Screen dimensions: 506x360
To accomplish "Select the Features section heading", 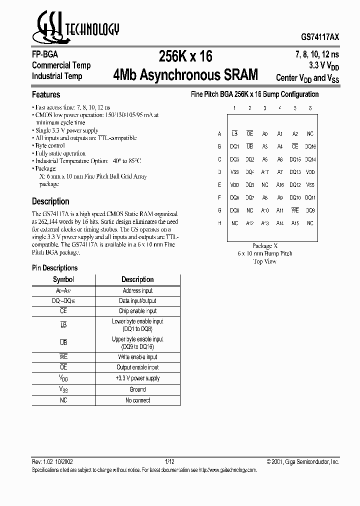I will pyautogui.click(x=46, y=94).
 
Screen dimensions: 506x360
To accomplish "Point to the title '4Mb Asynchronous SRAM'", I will pyautogui.click(x=185, y=75).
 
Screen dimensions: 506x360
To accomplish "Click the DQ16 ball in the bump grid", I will pyautogui.click(x=310, y=146).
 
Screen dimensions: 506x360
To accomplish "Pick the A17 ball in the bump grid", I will pyautogui.click(x=265, y=172).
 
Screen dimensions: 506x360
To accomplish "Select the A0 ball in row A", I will pyautogui.click(x=265, y=134).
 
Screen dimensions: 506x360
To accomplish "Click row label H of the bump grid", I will pyautogui.click(x=219, y=223).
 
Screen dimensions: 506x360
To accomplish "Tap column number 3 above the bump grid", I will pyautogui.click(x=265, y=108).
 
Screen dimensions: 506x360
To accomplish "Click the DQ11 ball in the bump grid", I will pyautogui.click(x=310, y=197).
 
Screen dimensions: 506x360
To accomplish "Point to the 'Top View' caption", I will pyautogui.click(x=264, y=261).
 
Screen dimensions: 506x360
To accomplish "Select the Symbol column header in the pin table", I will pyautogui.click(x=63, y=279).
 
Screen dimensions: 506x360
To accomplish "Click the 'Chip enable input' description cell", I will pyautogui.click(x=137, y=311).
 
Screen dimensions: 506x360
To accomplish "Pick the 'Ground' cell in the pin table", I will pyautogui.click(x=137, y=389).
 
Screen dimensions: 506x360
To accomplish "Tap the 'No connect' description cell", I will pyautogui.click(x=137, y=400).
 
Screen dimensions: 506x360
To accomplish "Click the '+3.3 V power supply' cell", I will pyautogui.click(x=137, y=378).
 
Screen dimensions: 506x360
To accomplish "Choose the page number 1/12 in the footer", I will pyautogui.click(x=170, y=462).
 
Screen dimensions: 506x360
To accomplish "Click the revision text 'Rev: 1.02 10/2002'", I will pyautogui.click(x=54, y=462).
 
